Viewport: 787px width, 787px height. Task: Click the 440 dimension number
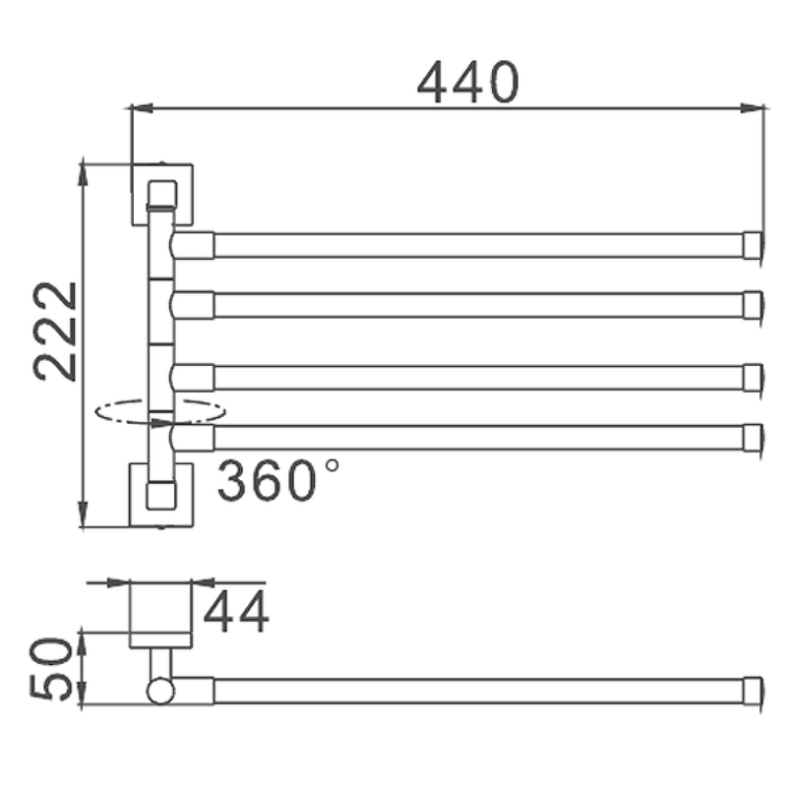point(468,83)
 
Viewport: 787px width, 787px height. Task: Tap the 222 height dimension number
point(55,332)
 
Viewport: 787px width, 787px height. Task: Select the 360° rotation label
point(278,481)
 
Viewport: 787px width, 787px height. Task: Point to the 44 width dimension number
point(236,612)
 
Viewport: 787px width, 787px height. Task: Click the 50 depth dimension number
point(51,669)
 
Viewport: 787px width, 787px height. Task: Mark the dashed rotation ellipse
point(160,411)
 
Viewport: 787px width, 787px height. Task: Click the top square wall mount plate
point(162,194)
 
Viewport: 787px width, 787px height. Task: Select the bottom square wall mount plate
point(161,495)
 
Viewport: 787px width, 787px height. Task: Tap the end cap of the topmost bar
point(753,245)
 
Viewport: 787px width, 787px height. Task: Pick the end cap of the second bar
point(753,305)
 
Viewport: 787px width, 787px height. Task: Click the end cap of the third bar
point(753,378)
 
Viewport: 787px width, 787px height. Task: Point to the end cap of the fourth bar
point(753,438)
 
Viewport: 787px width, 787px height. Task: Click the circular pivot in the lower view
point(160,692)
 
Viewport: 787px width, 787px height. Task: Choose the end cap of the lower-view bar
point(753,692)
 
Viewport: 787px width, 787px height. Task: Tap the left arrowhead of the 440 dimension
point(142,108)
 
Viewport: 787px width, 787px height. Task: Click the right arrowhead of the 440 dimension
point(753,108)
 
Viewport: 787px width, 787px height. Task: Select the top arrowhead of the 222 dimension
point(84,174)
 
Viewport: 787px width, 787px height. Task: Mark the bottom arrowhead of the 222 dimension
point(84,514)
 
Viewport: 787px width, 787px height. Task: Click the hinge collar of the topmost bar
point(193,245)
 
